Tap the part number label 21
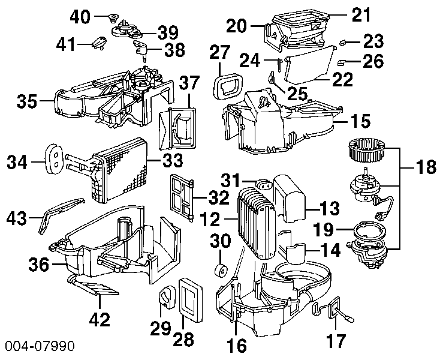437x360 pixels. click(361, 14)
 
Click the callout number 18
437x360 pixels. click(425, 169)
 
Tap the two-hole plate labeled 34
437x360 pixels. click(54, 158)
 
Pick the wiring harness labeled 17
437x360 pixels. click(330, 310)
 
